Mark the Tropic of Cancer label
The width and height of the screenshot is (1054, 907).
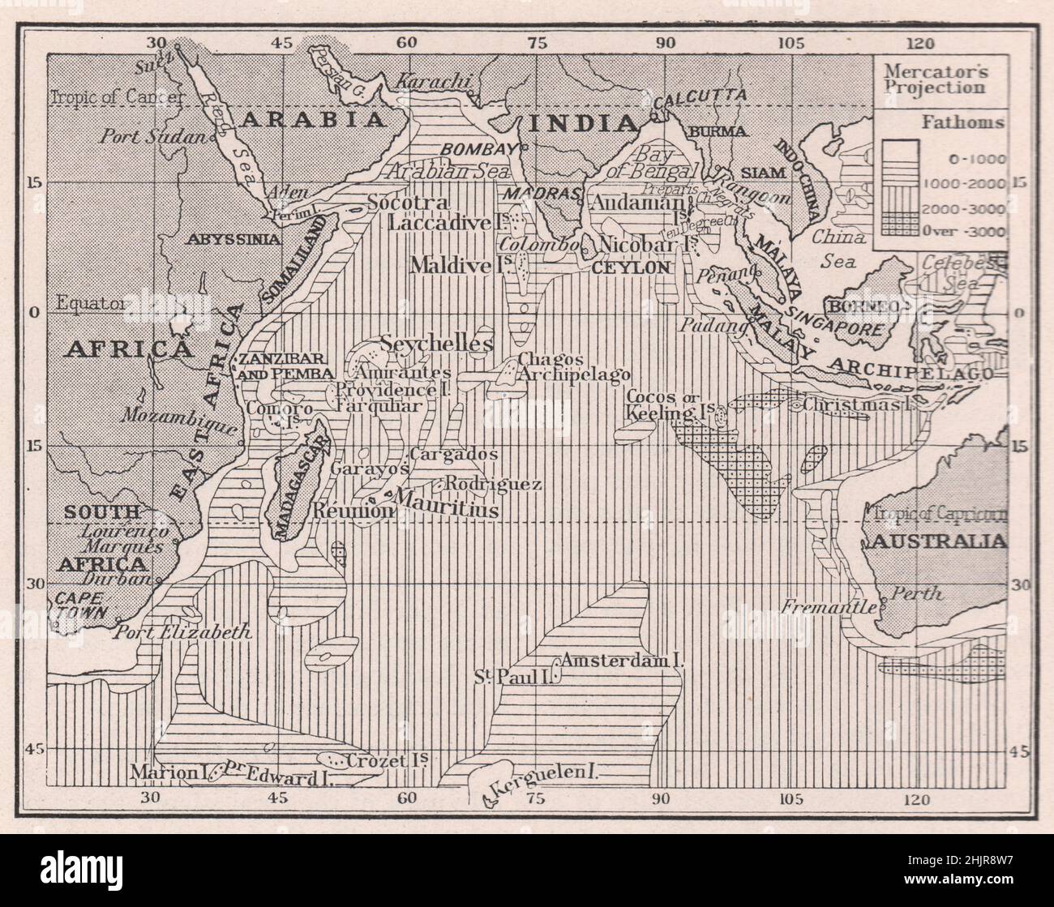106,97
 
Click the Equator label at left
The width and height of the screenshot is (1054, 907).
90,304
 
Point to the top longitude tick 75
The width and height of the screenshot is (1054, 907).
536,42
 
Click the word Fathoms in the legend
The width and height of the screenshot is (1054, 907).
963,123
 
